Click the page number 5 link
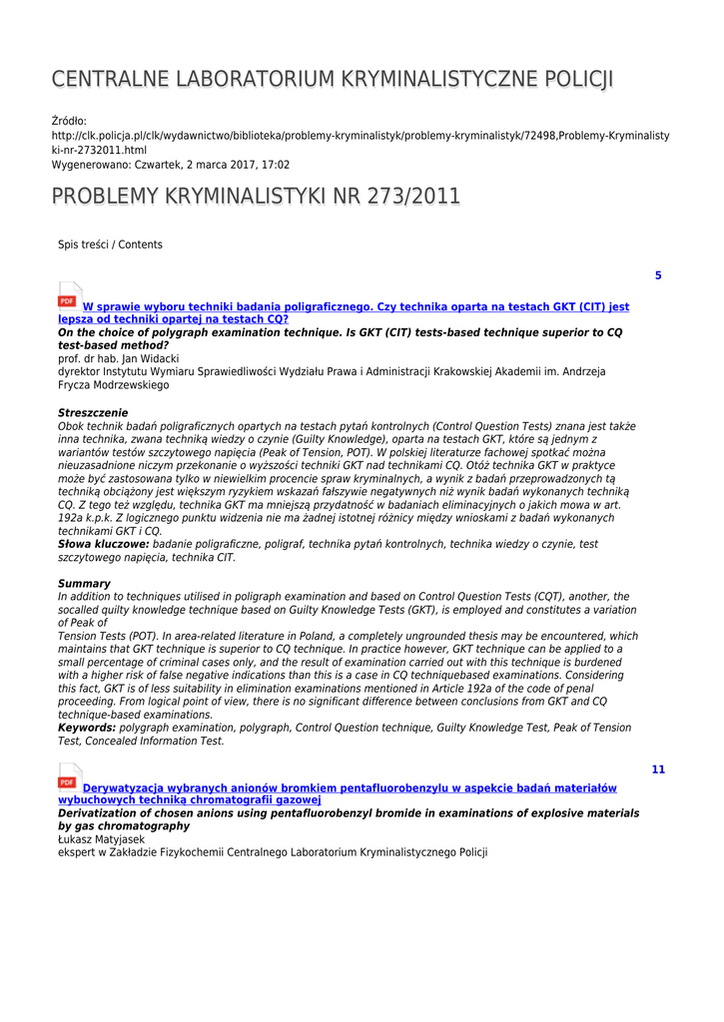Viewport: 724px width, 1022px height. pyautogui.click(x=657, y=275)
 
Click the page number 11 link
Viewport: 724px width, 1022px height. pyautogui.click(x=657, y=769)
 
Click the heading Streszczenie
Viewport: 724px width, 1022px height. pyautogui.click(x=93, y=412)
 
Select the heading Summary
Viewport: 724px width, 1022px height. pyautogui.click(x=84, y=584)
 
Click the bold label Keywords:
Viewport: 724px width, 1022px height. pyautogui.click(x=87, y=729)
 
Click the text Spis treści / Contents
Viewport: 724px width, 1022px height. pyautogui.click(x=110, y=245)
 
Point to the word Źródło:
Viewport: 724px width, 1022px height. pyautogui.click(x=69, y=122)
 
